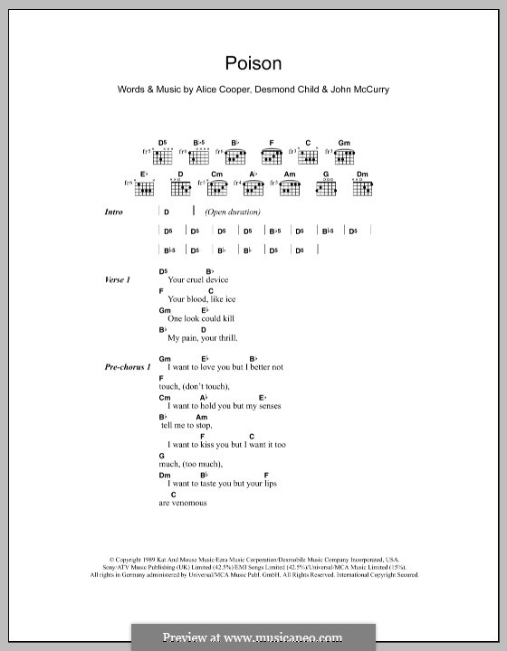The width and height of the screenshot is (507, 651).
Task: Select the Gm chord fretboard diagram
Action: (x=344, y=156)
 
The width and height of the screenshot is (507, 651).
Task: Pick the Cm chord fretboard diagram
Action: (x=217, y=187)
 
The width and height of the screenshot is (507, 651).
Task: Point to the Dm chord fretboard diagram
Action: (x=362, y=187)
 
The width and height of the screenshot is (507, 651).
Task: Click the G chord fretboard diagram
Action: (x=326, y=187)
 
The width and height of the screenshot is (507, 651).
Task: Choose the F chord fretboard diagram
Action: (x=272, y=156)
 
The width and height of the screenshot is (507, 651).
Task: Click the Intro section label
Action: (x=115, y=212)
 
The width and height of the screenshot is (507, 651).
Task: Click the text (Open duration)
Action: (x=233, y=212)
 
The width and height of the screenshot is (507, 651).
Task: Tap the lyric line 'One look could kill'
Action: (x=199, y=319)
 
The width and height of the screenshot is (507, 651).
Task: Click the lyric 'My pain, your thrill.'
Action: (x=202, y=338)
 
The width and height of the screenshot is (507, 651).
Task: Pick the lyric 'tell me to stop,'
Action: (x=187, y=425)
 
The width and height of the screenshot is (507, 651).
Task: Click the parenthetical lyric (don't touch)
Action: (x=206, y=387)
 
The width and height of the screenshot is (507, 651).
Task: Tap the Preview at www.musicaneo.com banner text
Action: (x=253, y=637)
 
